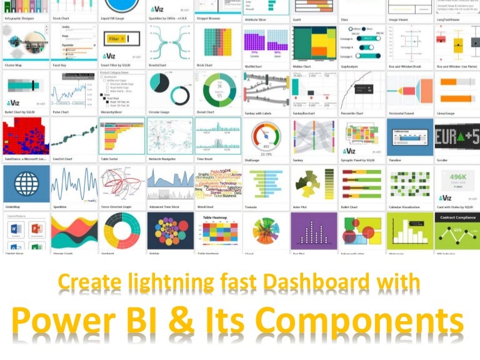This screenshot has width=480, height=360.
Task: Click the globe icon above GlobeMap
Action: pyautogui.click(x=26, y=184)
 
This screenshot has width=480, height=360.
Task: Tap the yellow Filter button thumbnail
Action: pyautogui.click(x=116, y=39)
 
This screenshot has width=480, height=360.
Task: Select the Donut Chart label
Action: pyautogui.click(x=206, y=113)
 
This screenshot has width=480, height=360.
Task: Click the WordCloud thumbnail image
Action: pyautogui.click(x=217, y=184)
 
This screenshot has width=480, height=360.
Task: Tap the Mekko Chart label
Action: pyautogui.click(x=303, y=66)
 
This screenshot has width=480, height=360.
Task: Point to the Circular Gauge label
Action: pyautogui.click(x=159, y=113)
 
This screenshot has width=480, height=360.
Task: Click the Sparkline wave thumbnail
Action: pyautogui.click(x=73, y=184)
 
